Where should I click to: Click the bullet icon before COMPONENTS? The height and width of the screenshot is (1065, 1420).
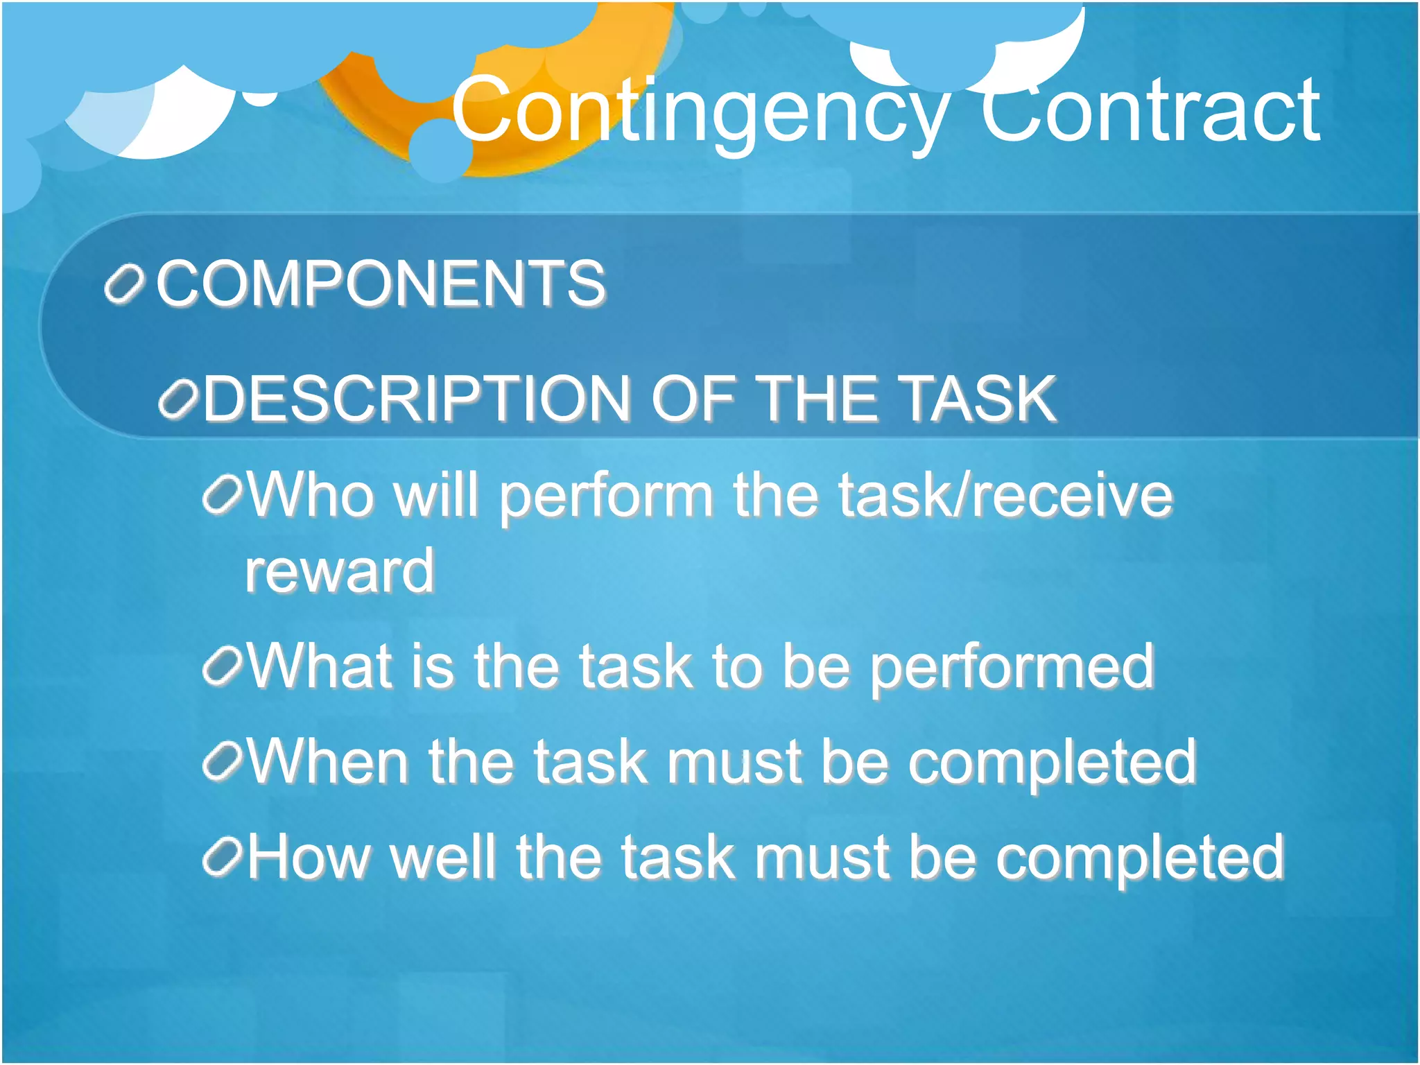(x=124, y=284)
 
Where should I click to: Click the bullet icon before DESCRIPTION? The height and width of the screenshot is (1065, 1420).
(x=179, y=400)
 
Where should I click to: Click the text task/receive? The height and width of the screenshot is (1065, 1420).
(x=1005, y=496)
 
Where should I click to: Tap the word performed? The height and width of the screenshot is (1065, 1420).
(x=1012, y=668)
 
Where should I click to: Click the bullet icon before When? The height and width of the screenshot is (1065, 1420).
(x=223, y=762)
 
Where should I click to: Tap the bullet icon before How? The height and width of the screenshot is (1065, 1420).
(x=223, y=858)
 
